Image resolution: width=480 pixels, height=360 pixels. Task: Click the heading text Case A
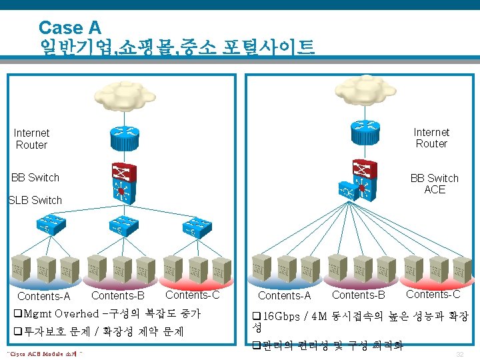coord(69,28)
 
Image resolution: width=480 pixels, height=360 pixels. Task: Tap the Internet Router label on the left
coord(32,139)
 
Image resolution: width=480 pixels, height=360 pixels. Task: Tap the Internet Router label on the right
coord(431,138)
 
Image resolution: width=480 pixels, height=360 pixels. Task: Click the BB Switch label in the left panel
coord(35,177)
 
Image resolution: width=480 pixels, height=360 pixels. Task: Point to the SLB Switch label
coord(35,200)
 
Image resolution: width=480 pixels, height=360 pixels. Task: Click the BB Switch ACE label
coord(435,184)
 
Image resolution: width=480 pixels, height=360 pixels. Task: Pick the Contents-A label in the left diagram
coord(44,296)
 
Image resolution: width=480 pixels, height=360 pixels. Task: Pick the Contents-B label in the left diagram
coord(117,295)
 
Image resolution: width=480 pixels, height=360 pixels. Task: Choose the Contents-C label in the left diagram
coord(192,295)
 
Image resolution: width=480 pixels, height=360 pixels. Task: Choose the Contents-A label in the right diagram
coord(285,295)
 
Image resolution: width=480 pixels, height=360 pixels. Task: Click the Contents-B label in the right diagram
coord(359,295)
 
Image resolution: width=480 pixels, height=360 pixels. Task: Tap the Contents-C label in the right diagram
coord(433,294)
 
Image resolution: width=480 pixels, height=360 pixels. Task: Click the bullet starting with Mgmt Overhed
coord(110,313)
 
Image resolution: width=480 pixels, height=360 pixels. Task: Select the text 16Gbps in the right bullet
coord(280,315)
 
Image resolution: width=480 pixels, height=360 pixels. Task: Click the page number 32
coord(459,354)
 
